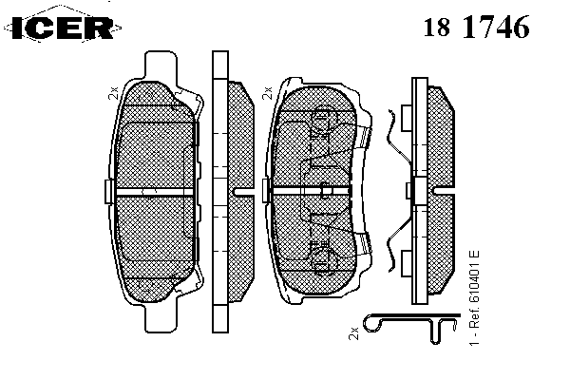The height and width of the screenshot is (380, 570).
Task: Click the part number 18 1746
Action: [476, 27]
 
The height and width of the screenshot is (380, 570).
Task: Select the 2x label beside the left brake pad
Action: [114, 93]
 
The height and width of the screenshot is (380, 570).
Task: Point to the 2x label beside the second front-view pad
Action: [267, 93]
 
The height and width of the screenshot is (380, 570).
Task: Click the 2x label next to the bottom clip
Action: [353, 333]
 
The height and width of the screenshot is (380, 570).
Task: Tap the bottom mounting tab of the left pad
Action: [161, 317]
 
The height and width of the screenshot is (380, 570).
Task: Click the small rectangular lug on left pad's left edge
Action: [109, 191]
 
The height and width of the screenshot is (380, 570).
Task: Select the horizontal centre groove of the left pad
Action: [154, 192]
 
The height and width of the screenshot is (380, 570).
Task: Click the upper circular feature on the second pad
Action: [324, 117]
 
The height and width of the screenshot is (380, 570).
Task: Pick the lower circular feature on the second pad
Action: [324, 259]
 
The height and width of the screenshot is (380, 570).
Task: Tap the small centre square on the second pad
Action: [326, 191]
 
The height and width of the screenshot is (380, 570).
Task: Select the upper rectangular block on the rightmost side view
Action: [407, 118]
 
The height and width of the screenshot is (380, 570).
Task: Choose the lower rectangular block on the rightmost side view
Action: [407, 263]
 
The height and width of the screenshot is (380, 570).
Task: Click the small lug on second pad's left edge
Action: [266, 190]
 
